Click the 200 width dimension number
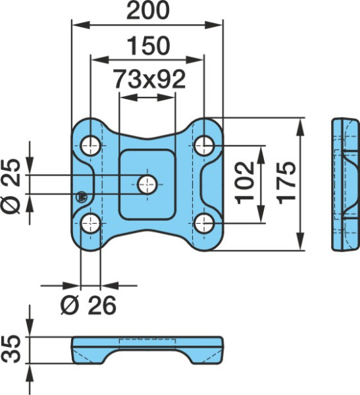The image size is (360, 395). pos(148,11)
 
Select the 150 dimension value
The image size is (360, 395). pos(149,45)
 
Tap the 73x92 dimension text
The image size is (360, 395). pos(149,80)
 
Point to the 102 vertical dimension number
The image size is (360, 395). pos(245,183)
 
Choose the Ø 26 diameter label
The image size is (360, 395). pos(88,305)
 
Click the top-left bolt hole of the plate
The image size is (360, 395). pos(90,145)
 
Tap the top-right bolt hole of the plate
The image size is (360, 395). pos(204,145)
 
